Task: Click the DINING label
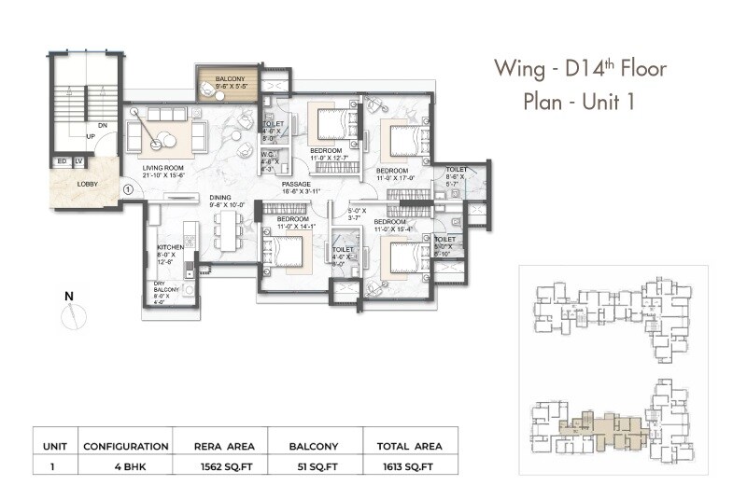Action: click(x=220, y=197)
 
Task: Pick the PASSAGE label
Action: click(x=297, y=184)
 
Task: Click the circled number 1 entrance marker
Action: click(x=129, y=188)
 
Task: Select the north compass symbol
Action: click(x=70, y=314)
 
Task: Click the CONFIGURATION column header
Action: click(x=125, y=446)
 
